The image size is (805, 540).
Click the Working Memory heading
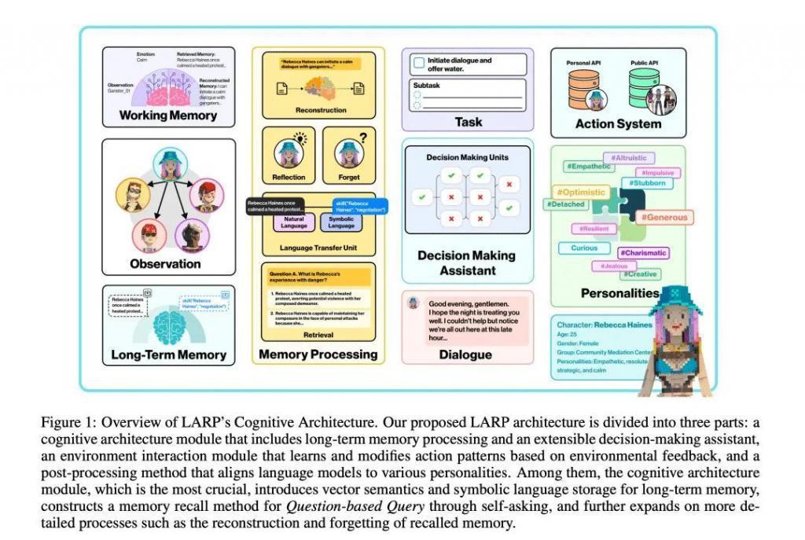coord(167,116)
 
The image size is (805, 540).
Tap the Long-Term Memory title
coord(168,355)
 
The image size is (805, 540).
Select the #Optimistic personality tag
coord(580,192)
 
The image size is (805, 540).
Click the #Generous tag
coord(663,217)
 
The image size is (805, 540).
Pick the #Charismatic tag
coord(642,253)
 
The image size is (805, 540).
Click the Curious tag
coord(584,248)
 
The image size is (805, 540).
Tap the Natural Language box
coord(293,222)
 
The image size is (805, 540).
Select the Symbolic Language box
coord(340,222)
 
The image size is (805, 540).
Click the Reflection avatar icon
coord(289,151)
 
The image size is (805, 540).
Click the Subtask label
coord(427,84)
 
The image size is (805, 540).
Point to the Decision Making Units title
coord(467,157)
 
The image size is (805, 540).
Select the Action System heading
coord(618,123)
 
